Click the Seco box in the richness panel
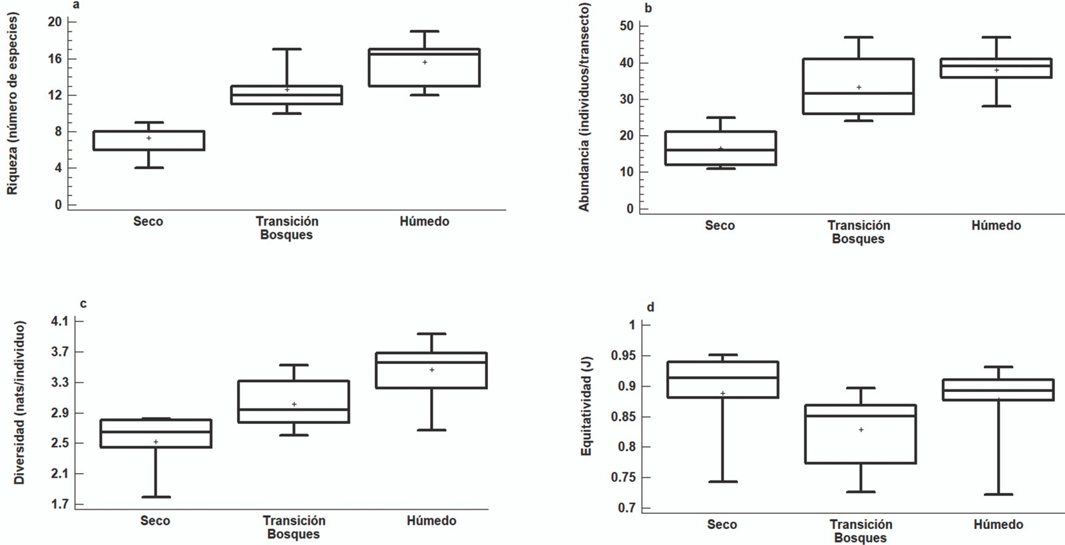148,140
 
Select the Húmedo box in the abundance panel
996,69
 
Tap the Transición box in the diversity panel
294,401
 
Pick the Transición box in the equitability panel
860,434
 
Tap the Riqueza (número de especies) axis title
13,103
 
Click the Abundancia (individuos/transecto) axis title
584,106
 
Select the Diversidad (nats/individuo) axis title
19,403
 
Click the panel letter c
83,304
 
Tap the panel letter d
650,307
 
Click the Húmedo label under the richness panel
424,222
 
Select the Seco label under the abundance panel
720,226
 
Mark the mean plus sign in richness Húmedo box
425,62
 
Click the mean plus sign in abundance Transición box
859,87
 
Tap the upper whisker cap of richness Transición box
286,49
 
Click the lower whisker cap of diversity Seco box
156,497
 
